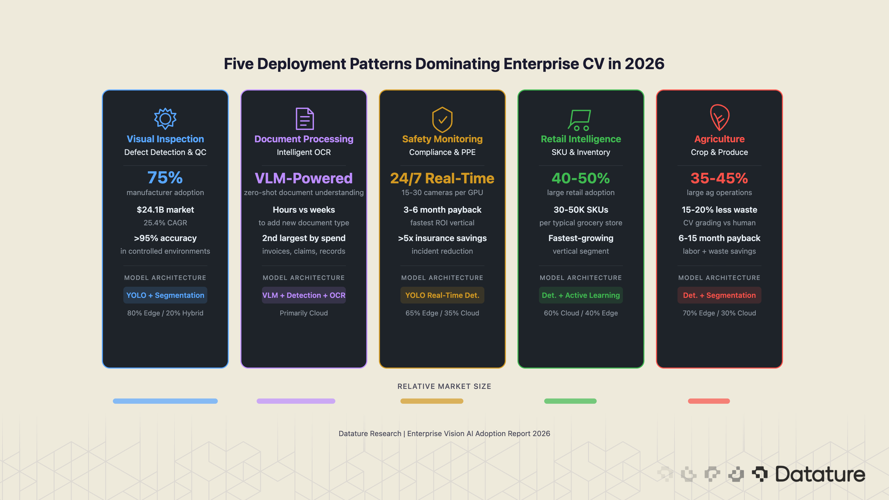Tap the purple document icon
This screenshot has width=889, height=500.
click(x=304, y=119)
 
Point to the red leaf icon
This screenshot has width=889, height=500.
click(x=719, y=118)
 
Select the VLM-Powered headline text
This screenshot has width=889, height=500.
click(x=304, y=178)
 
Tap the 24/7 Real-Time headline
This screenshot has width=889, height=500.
click(x=442, y=178)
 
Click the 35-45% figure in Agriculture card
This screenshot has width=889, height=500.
click(x=719, y=178)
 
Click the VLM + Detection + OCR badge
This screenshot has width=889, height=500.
click(x=304, y=295)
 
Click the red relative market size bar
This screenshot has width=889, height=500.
click(x=708, y=401)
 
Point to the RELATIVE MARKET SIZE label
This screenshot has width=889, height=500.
click(x=444, y=386)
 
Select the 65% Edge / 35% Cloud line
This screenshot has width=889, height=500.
click(x=442, y=313)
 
